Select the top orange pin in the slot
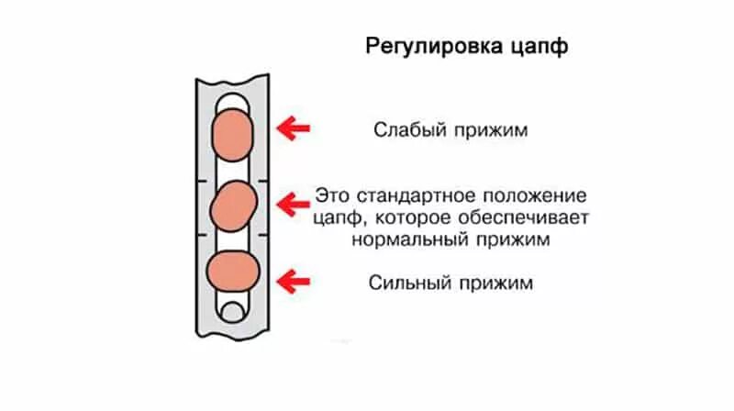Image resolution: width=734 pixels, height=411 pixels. pyautogui.click(x=232, y=131)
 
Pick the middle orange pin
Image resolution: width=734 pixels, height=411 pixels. pyautogui.click(x=232, y=205)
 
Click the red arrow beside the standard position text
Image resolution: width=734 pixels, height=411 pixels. pyautogui.click(x=294, y=202)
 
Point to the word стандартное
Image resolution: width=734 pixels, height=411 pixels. pyautogui.click(x=411, y=196)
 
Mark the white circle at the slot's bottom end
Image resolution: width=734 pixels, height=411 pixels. pyautogui.click(x=232, y=312)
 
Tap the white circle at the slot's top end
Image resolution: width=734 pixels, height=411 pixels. pyautogui.click(x=232, y=101)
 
